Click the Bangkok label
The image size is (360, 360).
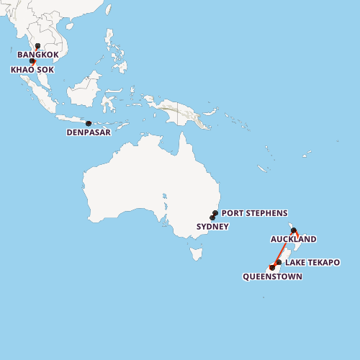click(x=38, y=55)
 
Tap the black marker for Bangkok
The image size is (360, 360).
click(x=37, y=46)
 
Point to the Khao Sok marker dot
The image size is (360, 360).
click(x=32, y=61)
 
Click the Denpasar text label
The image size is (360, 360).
click(x=89, y=132)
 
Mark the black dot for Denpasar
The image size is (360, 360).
click(x=89, y=124)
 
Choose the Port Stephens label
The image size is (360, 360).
click(x=254, y=213)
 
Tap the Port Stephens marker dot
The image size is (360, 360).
click(x=215, y=213)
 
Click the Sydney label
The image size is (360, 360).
click(x=212, y=227)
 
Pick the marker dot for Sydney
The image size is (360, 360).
click(x=212, y=217)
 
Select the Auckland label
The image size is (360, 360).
click(x=293, y=239)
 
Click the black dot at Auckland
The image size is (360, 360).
click(x=294, y=230)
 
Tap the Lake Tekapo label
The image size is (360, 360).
click(x=312, y=263)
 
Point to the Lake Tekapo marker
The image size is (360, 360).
click(x=279, y=263)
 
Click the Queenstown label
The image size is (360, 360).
click(x=272, y=276)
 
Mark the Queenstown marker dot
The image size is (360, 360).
click(x=272, y=267)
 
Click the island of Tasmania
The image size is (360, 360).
click(x=195, y=253)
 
